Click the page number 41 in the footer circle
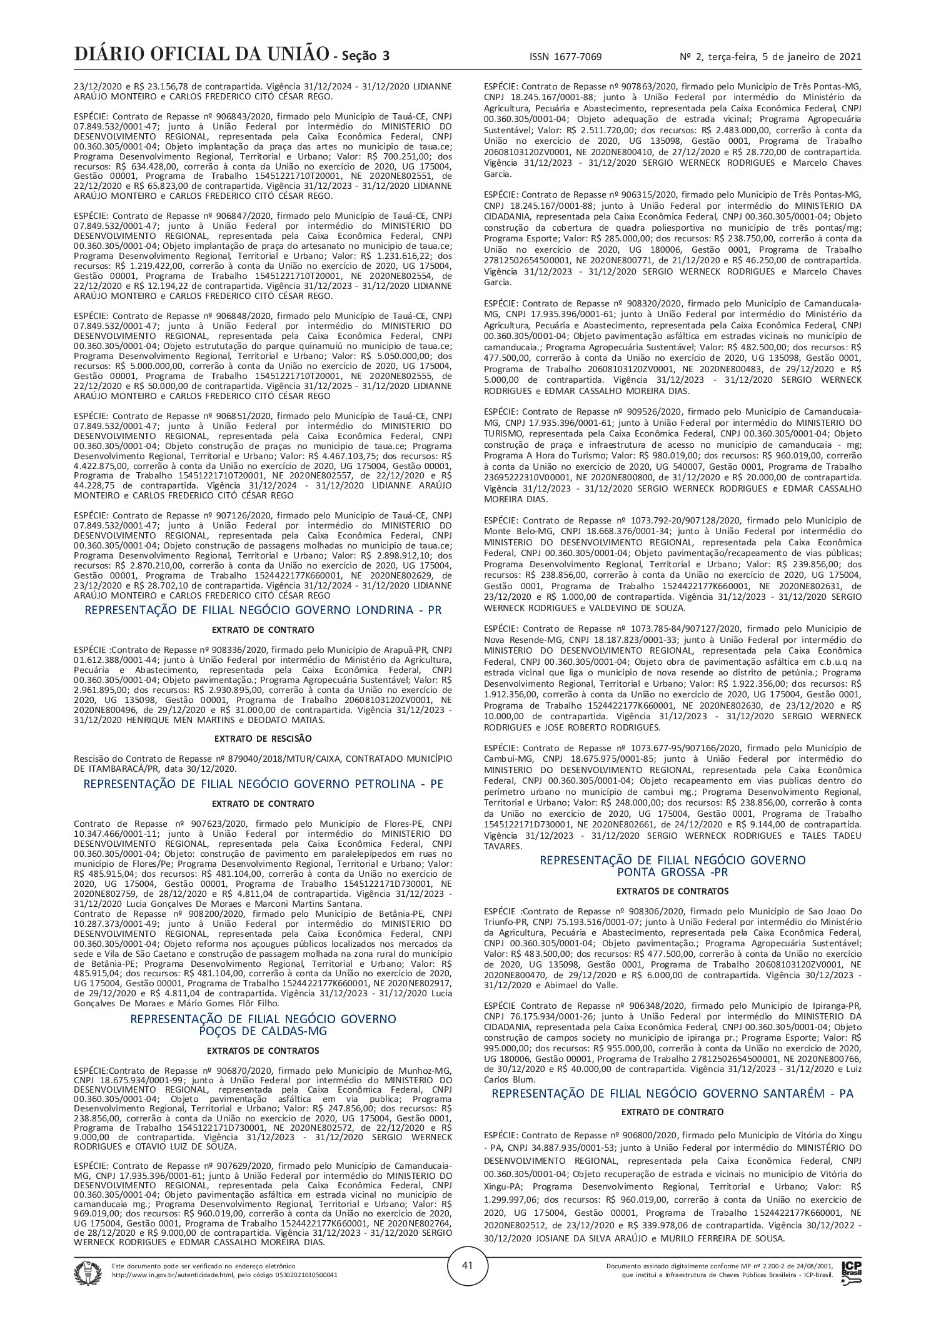(467, 1283)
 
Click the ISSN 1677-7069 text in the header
(565, 57)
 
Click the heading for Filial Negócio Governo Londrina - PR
(263, 610)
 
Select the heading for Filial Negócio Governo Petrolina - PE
(263, 784)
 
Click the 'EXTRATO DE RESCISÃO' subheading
(263, 739)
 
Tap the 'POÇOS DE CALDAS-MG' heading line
(263, 1031)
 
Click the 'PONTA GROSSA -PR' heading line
(672, 872)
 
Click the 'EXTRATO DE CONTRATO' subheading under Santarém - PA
(672, 1112)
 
